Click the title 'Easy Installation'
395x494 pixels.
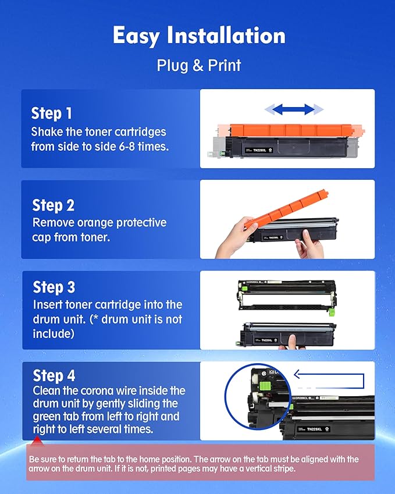(x=199, y=36)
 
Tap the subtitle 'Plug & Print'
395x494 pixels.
(x=199, y=65)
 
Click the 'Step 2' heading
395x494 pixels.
(x=54, y=205)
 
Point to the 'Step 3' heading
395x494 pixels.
(x=54, y=287)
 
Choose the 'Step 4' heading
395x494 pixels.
(x=54, y=375)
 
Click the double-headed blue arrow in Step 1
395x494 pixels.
(x=293, y=109)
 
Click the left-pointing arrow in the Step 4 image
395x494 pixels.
(x=328, y=377)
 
